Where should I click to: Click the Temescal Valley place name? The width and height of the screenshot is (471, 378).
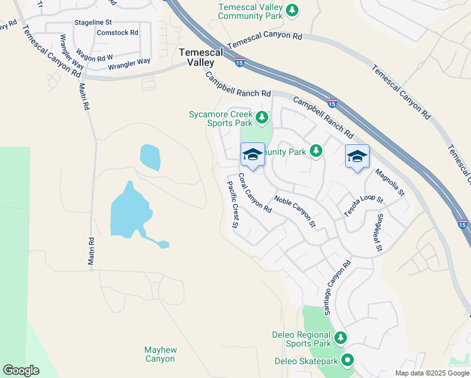pyautogui.click(x=201, y=58)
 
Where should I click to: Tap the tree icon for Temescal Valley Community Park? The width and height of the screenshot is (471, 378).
pyautogui.click(x=292, y=10)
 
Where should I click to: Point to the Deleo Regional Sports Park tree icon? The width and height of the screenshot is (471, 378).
pyautogui.click(x=340, y=338)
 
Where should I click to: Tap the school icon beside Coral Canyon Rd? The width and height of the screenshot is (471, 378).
pyautogui.click(x=253, y=154)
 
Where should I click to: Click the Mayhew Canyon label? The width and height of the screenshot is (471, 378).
pyautogui.click(x=159, y=354)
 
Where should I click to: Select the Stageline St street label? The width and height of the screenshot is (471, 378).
pyautogui.click(x=93, y=22)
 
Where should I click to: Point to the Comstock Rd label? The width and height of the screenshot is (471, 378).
pyautogui.click(x=117, y=32)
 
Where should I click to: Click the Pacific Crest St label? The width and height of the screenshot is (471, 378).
pyautogui.click(x=232, y=203)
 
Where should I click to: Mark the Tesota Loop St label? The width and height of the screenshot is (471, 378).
pyautogui.click(x=363, y=206)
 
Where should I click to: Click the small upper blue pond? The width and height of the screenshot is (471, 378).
pyautogui.click(x=150, y=157)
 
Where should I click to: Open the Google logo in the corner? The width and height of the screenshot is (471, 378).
pyautogui.click(x=21, y=370)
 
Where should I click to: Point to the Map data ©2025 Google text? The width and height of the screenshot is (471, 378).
pyautogui.click(x=431, y=373)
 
